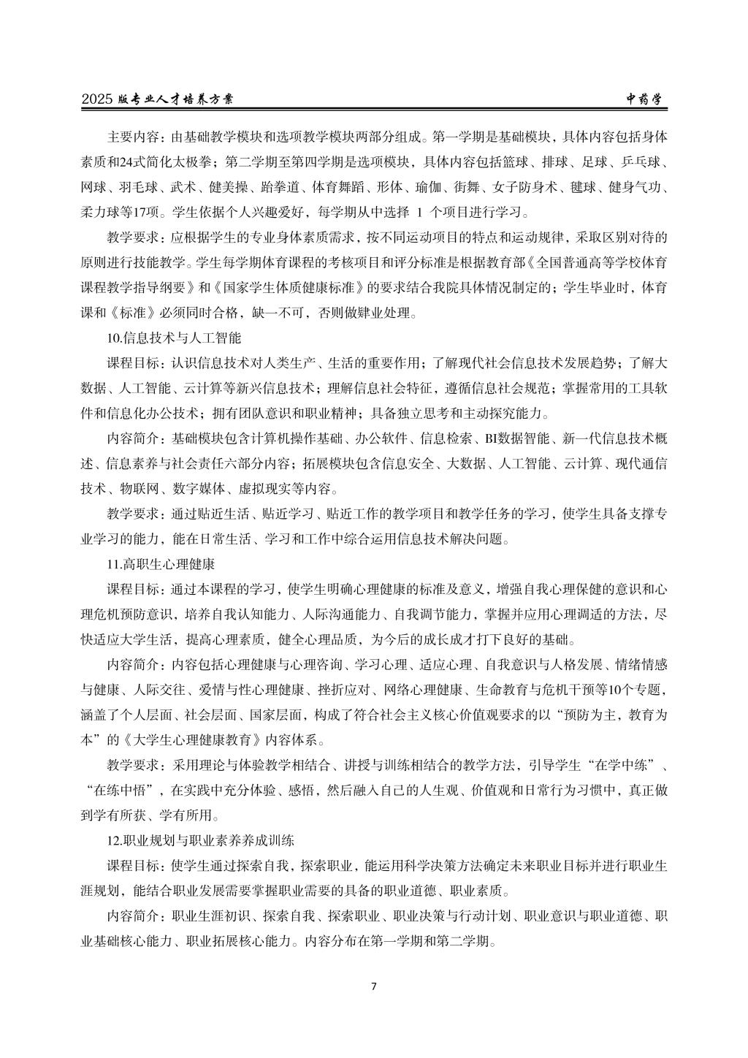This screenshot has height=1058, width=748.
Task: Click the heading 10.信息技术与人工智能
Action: [x=174, y=338]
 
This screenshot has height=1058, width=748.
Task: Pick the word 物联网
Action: [x=138, y=489]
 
